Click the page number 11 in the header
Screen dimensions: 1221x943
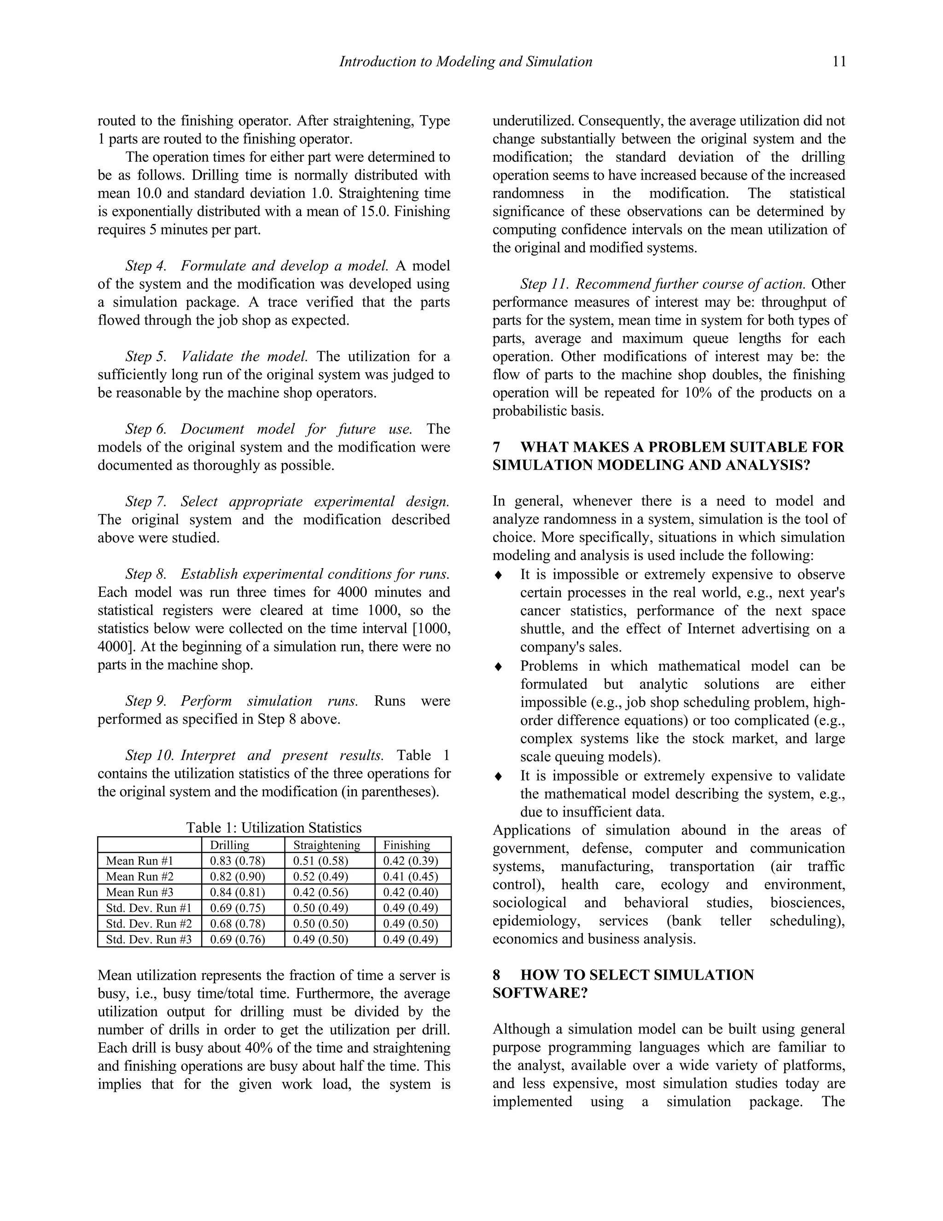[x=838, y=61]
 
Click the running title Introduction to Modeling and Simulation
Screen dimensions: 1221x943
[x=466, y=61]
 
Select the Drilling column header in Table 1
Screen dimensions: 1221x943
[x=230, y=845]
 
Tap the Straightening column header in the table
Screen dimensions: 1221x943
[x=326, y=845]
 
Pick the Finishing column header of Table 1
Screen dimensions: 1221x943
[x=406, y=845]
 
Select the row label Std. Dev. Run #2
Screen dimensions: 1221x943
[x=149, y=923]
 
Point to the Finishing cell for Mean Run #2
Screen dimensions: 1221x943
[x=410, y=876]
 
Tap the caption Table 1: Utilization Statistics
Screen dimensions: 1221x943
[x=274, y=828]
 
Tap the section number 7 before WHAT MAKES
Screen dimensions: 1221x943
[x=496, y=447]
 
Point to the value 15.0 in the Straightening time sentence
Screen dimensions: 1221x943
[x=374, y=211]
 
